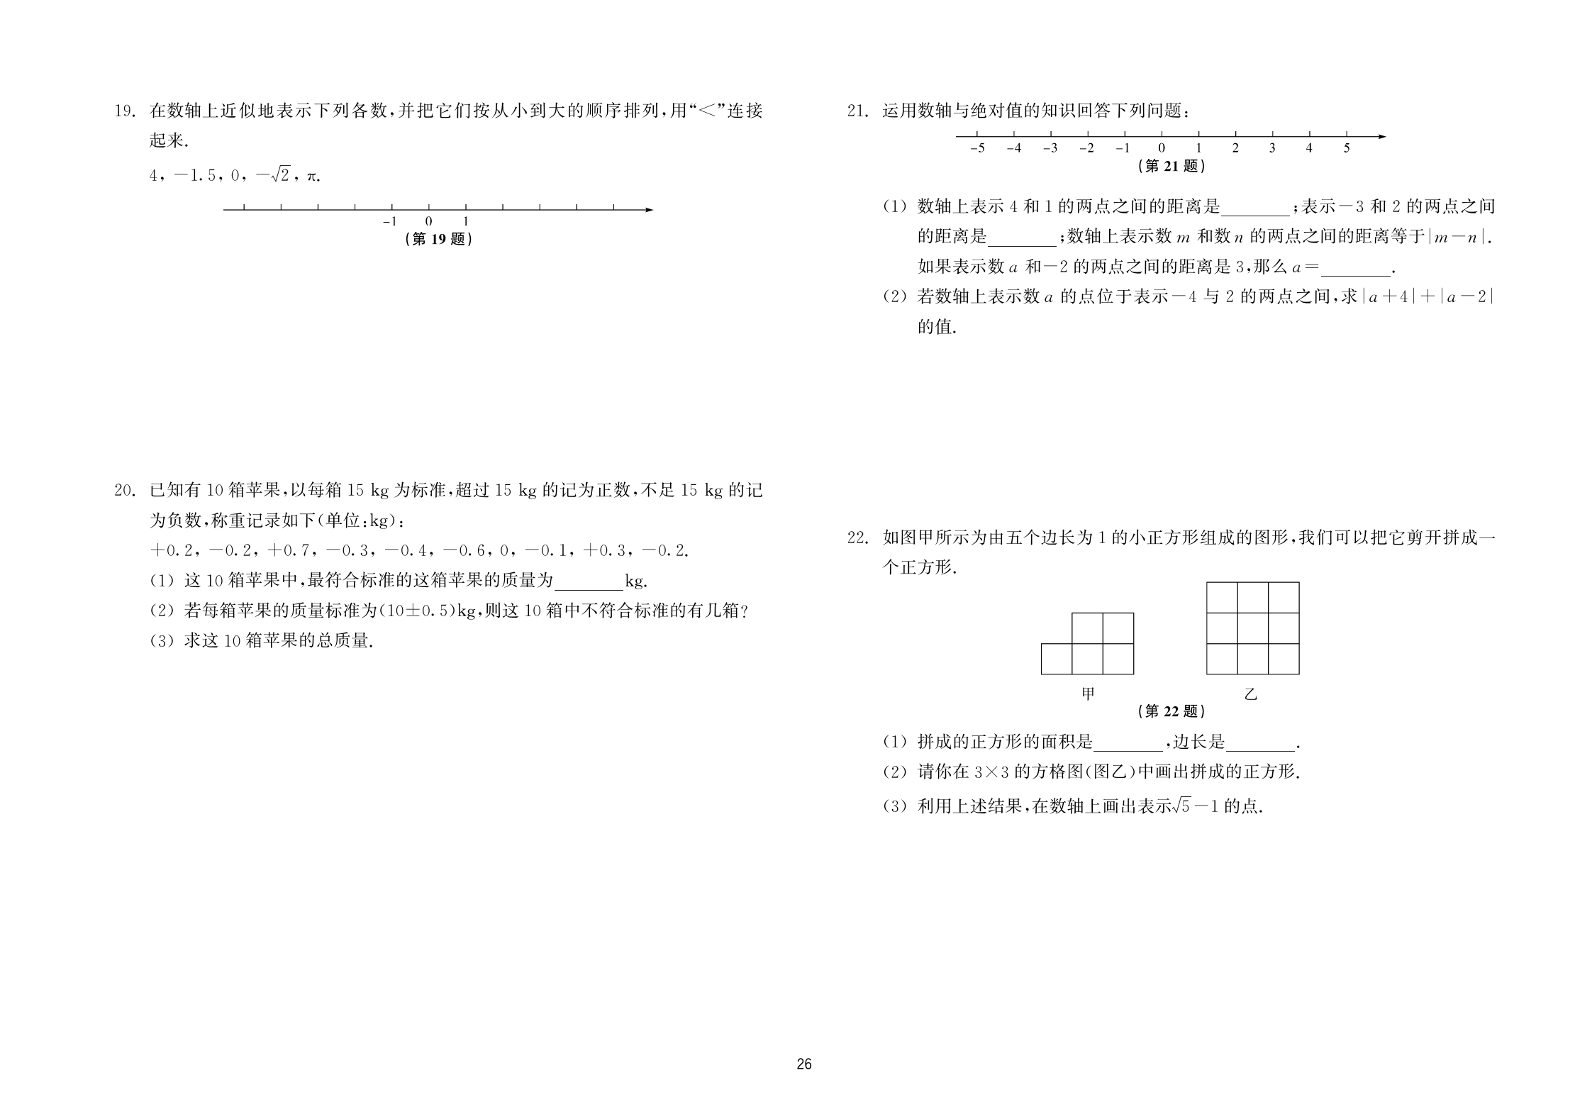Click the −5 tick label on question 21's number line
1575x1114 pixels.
pyautogui.click(x=977, y=149)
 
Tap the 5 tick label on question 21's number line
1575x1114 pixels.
pyautogui.click(x=1347, y=149)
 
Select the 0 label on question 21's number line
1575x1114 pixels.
pyautogui.click(x=1162, y=149)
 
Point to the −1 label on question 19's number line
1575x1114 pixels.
pyautogui.click(x=390, y=221)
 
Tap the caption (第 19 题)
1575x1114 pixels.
pyautogui.click(x=438, y=239)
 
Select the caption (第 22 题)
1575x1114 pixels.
pyautogui.click(x=1171, y=711)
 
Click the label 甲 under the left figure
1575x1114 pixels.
pyautogui.click(x=1088, y=694)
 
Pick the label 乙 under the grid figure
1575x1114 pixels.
pyautogui.click(x=1251, y=694)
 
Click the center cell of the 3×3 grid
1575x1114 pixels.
pyautogui.click(x=1253, y=628)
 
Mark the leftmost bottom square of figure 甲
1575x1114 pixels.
pyautogui.click(x=1057, y=659)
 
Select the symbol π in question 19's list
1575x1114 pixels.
pyautogui.click(x=311, y=176)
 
